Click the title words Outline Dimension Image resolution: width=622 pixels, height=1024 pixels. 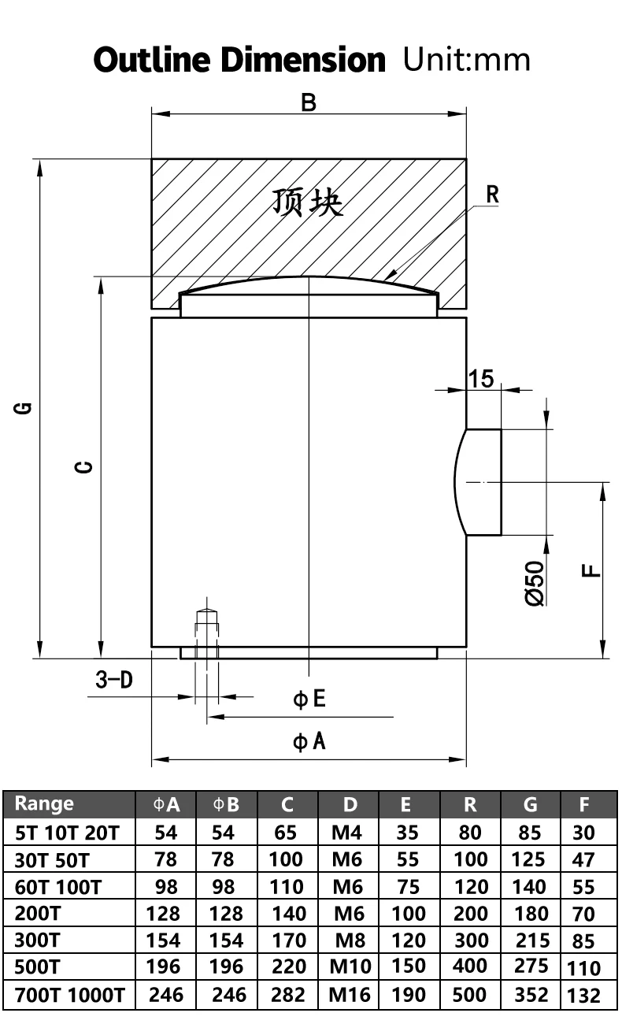[x=239, y=61]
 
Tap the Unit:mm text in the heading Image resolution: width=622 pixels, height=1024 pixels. [x=466, y=60]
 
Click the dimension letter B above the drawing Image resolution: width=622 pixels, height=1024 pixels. [x=309, y=102]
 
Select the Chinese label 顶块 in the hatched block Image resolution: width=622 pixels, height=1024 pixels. [x=308, y=202]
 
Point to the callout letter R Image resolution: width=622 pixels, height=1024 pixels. [x=492, y=194]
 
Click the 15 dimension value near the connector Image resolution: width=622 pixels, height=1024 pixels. [x=481, y=378]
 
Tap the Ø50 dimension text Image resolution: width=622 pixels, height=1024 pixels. [x=535, y=584]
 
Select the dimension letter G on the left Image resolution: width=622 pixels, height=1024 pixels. [x=24, y=407]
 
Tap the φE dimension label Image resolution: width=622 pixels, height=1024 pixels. [x=309, y=699]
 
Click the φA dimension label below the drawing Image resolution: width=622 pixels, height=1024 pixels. [x=309, y=741]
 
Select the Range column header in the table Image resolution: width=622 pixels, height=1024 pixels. [x=44, y=803]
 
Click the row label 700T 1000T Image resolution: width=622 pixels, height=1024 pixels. [x=69, y=995]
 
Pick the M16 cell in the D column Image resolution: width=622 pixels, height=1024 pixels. [x=349, y=994]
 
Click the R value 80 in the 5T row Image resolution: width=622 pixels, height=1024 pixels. [x=470, y=832]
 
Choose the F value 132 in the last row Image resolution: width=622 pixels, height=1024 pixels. [x=583, y=996]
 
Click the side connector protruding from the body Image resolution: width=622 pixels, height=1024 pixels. [x=481, y=482]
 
